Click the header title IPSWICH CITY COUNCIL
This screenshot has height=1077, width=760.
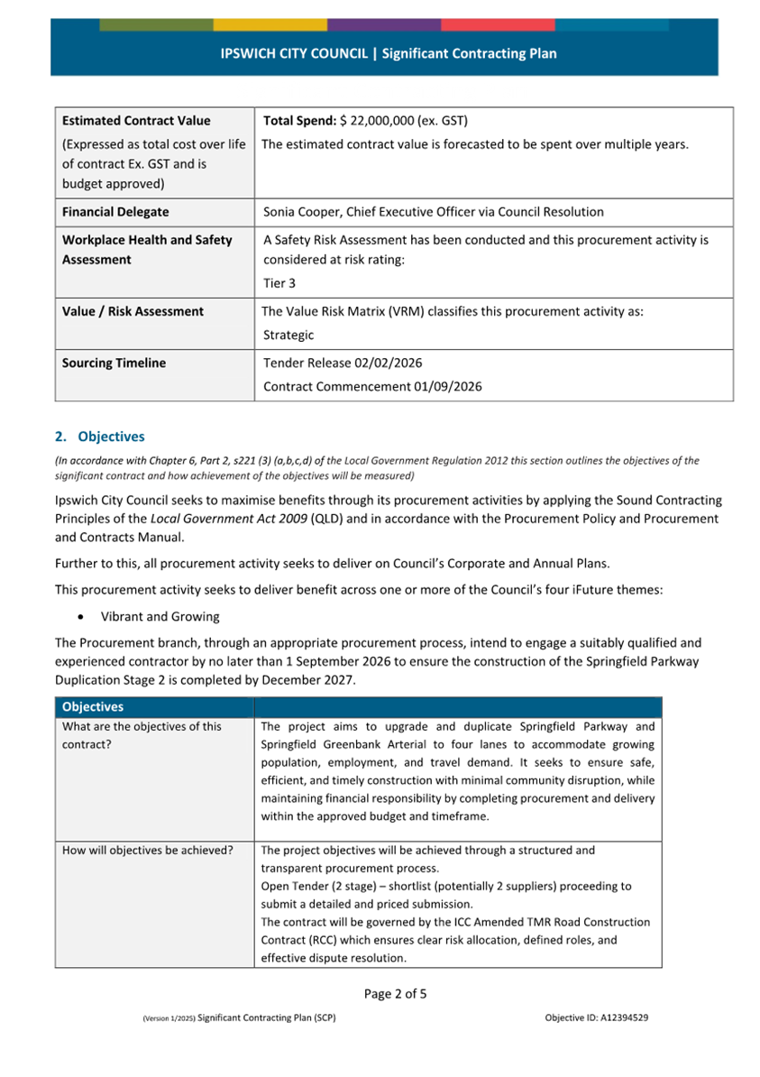coord(294,54)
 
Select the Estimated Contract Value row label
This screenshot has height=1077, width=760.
coord(136,121)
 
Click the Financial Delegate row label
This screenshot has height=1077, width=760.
coord(115,213)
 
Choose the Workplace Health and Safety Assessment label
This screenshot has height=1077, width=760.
coord(147,250)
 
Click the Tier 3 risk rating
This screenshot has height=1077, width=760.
coord(279,284)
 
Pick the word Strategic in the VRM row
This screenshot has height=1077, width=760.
coord(288,336)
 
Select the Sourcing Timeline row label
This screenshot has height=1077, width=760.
coord(114,364)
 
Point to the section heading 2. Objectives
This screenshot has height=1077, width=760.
coord(99,437)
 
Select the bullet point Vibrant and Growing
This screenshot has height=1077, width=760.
coord(160,617)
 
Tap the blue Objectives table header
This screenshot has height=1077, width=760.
coord(93,707)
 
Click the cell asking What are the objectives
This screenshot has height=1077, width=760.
coord(142,735)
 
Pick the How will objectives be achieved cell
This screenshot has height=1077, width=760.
coord(148,851)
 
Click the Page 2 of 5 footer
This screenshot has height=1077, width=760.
coord(396,994)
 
